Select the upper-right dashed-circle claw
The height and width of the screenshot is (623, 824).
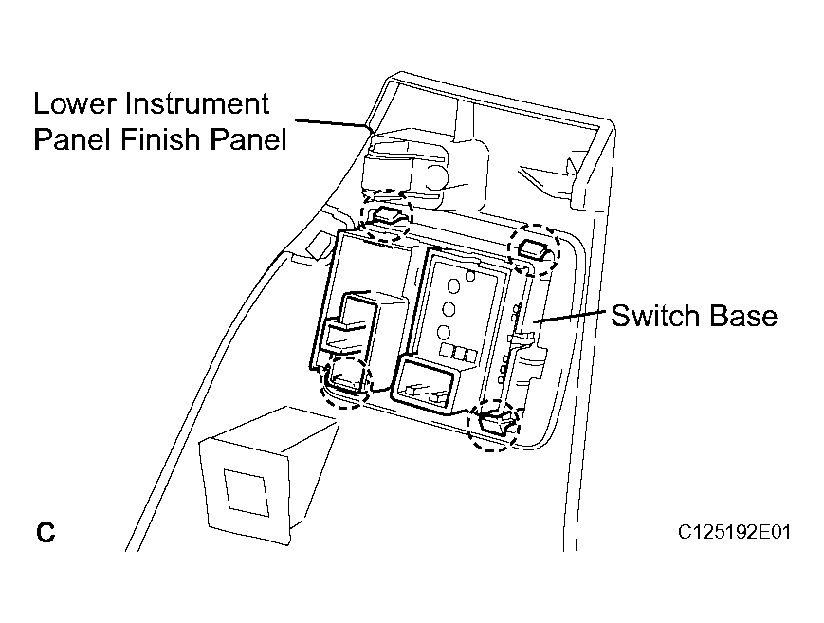click(535, 249)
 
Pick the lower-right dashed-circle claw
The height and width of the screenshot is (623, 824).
click(495, 424)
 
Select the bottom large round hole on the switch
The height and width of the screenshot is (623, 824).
click(443, 332)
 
